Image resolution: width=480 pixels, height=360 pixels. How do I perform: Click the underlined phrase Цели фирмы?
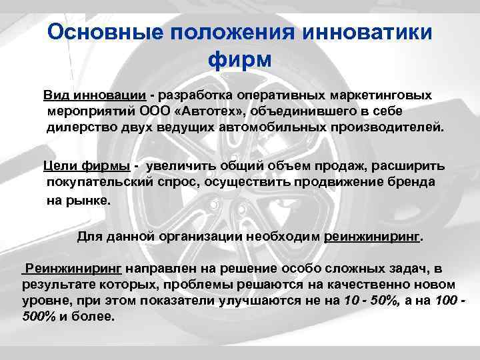pyautogui.click(x=86, y=166)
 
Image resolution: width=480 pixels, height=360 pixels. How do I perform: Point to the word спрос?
pyautogui.click(x=173, y=181)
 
